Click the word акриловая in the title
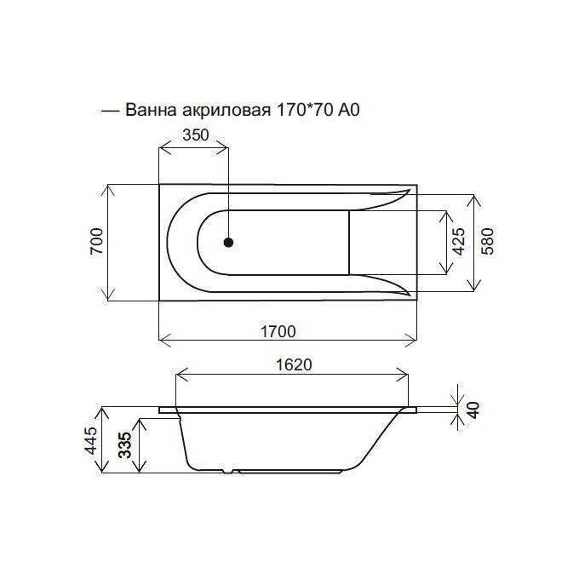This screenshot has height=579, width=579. click(x=225, y=111)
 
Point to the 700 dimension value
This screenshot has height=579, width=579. click(x=96, y=242)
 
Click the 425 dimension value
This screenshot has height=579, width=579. click(x=458, y=243)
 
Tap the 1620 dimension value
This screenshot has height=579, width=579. click(x=293, y=364)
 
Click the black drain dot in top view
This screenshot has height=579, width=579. click(x=228, y=243)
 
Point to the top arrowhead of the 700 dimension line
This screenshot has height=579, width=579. click(x=108, y=188)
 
